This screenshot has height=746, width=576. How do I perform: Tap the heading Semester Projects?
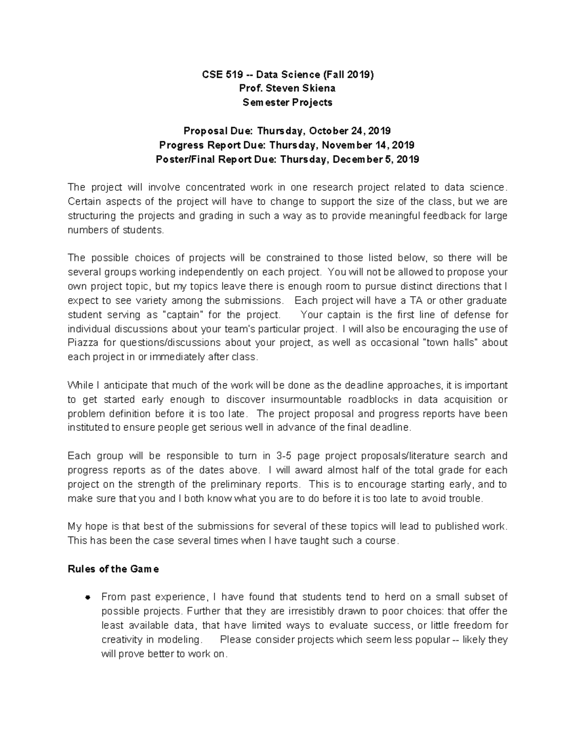tap(288, 102)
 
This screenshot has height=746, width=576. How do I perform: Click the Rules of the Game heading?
tap(113, 569)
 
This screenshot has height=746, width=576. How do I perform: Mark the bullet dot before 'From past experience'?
tap(87, 598)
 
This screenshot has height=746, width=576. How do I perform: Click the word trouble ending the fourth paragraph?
tap(464, 499)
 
